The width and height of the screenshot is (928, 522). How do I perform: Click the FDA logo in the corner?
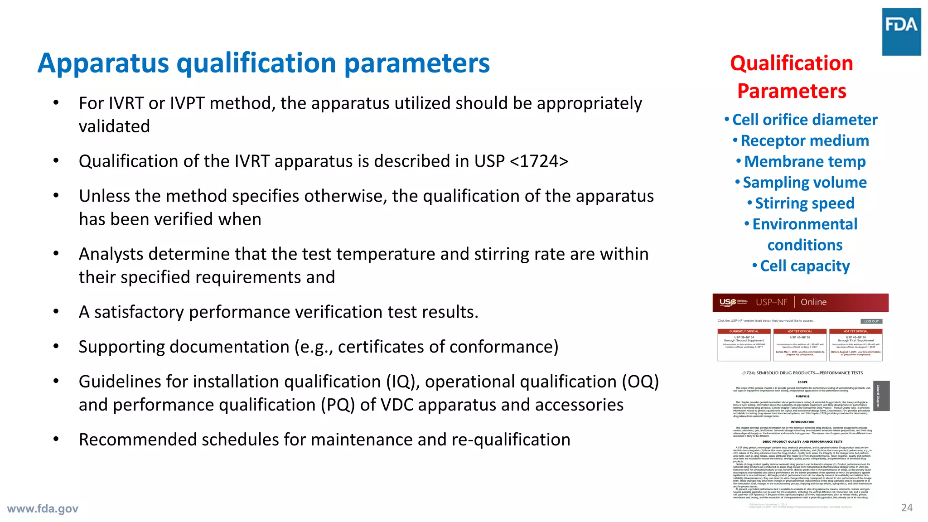click(x=901, y=31)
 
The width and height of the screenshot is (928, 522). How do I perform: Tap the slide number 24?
click(x=907, y=507)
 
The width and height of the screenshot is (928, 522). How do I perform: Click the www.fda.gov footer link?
click(x=43, y=508)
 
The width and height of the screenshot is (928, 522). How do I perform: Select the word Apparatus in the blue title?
click(x=103, y=63)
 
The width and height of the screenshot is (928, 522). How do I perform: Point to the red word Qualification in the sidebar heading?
click(x=791, y=63)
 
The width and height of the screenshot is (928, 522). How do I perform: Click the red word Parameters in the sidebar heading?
click(x=791, y=91)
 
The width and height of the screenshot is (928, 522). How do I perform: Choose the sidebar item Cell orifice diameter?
click(x=804, y=120)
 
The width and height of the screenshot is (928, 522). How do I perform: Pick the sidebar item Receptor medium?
click(x=804, y=140)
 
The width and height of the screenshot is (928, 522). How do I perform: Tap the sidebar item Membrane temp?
click(x=804, y=161)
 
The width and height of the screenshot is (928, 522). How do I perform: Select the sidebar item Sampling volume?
click(x=804, y=182)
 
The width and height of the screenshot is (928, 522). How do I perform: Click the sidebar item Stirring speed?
click(x=804, y=203)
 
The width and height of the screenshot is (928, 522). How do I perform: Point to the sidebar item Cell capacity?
click(x=804, y=266)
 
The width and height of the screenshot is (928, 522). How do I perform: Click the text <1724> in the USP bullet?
click(x=539, y=161)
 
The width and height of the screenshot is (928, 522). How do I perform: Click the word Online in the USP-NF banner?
click(x=813, y=302)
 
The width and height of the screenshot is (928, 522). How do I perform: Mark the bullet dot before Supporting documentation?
click(x=56, y=347)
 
